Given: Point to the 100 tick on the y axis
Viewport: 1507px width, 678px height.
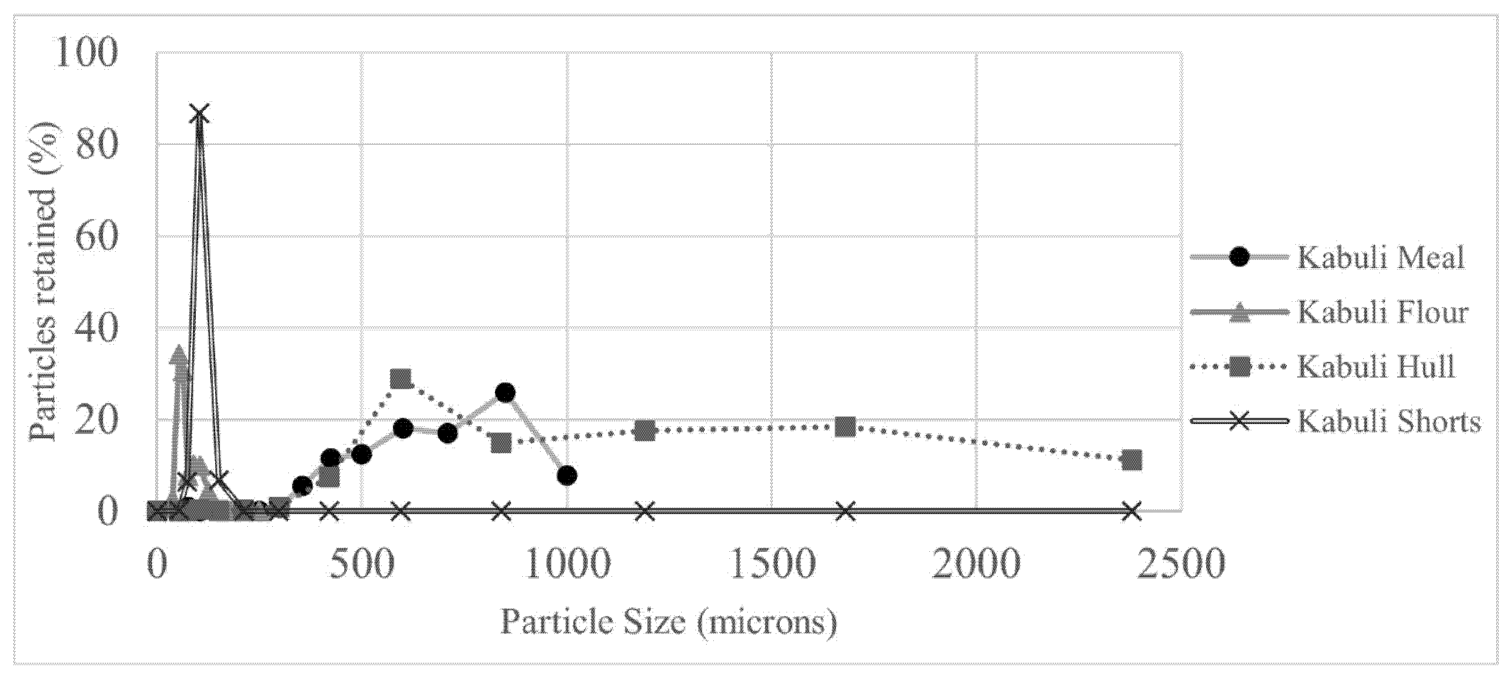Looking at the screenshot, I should coord(84,53).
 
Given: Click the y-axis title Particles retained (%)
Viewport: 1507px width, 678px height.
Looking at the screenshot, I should coord(43,281).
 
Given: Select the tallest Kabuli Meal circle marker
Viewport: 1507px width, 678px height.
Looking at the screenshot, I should coord(505,392).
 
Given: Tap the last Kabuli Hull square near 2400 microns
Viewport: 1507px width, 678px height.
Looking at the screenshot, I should coord(1132,460).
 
